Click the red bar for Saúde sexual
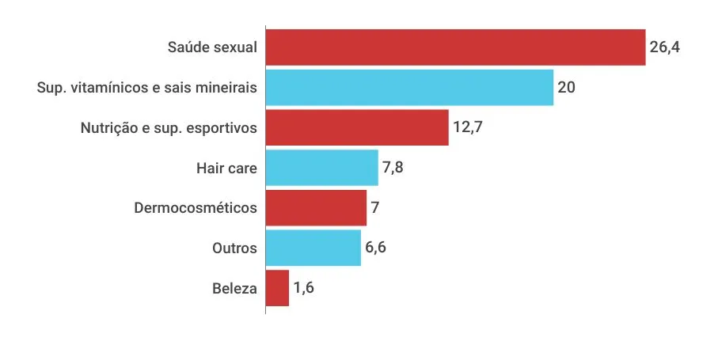(455, 47)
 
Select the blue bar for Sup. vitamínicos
(409, 87)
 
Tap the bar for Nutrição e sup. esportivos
(357, 127)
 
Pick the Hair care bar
(321, 168)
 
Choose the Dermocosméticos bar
(316, 207)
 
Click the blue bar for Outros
(313, 248)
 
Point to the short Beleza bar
(277, 288)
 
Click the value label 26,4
(665, 47)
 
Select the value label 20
(566, 87)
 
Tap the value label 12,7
(467, 127)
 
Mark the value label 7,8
(393, 168)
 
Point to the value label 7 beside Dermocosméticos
(375, 207)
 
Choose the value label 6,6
(375, 248)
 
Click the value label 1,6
(303, 288)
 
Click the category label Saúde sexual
(212, 47)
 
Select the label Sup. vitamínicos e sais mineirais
(147, 87)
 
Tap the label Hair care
(226, 168)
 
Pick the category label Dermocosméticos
(196, 207)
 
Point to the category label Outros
(234, 248)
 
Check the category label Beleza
(234, 288)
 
